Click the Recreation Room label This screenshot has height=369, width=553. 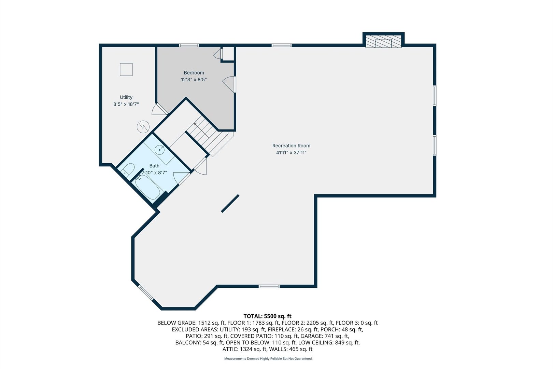click(291, 146)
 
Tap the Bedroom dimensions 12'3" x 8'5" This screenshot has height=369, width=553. click(194, 80)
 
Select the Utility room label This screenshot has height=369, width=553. click(126, 97)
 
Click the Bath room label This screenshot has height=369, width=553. click(154, 166)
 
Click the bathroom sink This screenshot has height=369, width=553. click(159, 149)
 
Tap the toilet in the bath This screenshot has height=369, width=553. click(128, 169)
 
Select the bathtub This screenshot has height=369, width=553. click(147, 187)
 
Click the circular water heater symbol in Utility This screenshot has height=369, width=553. click(143, 127)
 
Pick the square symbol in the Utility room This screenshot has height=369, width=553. click(126, 69)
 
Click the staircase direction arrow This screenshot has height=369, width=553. click(196, 124)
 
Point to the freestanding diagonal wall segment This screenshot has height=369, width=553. click(230, 204)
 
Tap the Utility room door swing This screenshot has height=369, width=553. click(159, 109)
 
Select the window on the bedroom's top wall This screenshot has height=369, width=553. click(189, 45)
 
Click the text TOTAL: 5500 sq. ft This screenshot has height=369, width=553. click(267, 316)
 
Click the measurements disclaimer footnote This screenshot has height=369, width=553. click(268, 359)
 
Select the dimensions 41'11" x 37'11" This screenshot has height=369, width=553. click(291, 153)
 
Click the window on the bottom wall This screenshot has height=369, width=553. click(269, 286)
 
